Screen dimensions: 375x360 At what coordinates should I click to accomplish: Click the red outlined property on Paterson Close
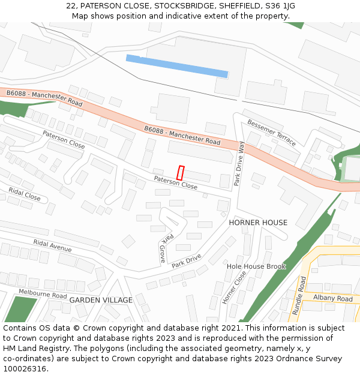click(180, 173)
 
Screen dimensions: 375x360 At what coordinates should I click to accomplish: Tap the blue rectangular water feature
click(177, 66)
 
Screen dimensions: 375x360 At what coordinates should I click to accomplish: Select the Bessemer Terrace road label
click(272, 132)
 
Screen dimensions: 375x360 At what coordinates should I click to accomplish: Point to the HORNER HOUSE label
click(258, 223)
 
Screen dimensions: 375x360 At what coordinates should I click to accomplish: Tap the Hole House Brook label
click(256, 266)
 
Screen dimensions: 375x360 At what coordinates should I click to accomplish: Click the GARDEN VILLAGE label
click(101, 300)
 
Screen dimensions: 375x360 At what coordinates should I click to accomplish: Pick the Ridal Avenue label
click(52, 245)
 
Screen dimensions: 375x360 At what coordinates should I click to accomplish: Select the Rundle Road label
click(298, 295)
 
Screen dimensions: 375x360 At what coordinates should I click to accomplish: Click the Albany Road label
click(332, 298)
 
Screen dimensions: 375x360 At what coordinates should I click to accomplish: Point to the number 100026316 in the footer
click(25, 369)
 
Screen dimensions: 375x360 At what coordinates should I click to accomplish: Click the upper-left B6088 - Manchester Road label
click(44, 98)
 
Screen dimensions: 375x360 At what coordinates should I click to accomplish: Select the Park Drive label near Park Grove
click(186, 260)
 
